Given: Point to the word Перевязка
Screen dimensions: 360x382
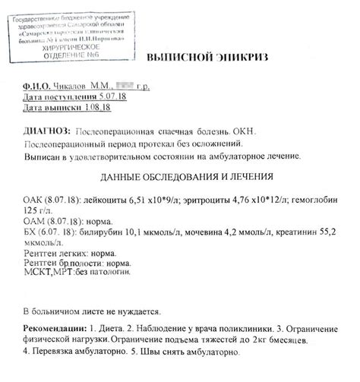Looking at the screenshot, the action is point(61,353).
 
